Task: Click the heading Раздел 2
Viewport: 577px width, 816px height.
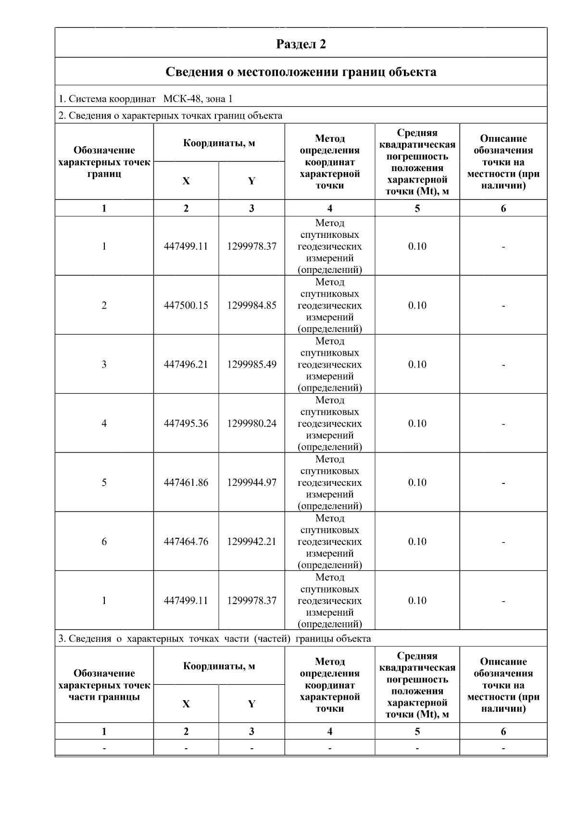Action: tap(301, 44)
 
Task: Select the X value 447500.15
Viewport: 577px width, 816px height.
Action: tap(186, 306)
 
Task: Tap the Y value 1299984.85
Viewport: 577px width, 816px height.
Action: tap(251, 306)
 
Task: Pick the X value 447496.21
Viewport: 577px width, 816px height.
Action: tap(186, 365)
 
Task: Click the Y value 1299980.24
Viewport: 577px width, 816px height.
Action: tap(251, 424)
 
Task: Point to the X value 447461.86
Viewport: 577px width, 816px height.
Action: tap(186, 483)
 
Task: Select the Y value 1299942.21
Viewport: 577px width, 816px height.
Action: tap(251, 542)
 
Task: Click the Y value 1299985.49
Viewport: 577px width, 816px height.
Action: tap(251, 365)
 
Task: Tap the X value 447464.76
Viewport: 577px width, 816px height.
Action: tap(186, 542)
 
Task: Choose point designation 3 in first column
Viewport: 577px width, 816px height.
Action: tap(104, 365)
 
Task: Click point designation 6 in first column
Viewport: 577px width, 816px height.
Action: tap(104, 542)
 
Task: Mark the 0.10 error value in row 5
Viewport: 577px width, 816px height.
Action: tap(417, 483)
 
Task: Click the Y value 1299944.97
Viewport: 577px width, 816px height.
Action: tap(251, 483)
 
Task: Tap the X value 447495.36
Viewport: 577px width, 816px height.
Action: tap(186, 424)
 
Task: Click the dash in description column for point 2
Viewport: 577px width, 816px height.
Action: tap(503, 306)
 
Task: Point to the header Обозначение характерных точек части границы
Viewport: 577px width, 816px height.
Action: tap(104, 685)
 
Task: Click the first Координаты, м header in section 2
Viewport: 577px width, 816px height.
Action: tap(219, 143)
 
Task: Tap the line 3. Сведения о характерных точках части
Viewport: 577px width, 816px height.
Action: tap(214, 639)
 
